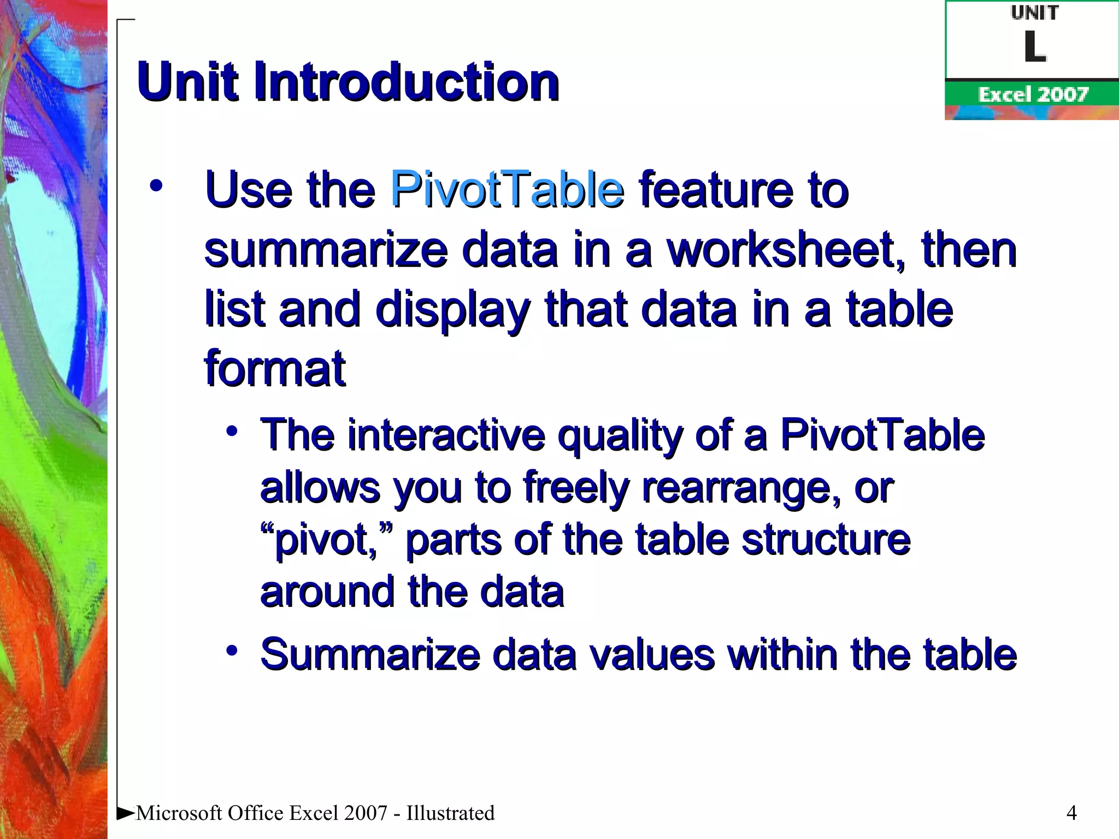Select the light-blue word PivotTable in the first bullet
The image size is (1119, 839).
(x=507, y=190)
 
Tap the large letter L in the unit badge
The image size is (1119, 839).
(x=1034, y=47)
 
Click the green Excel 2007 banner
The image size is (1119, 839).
(x=1032, y=94)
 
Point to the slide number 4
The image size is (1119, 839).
(x=1071, y=813)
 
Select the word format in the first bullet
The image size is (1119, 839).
(x=275, y=369)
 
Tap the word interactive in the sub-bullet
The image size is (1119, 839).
(x=446, y=435)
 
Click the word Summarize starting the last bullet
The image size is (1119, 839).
(x=370, y=654)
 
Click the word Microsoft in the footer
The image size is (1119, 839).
(x=179, y=813)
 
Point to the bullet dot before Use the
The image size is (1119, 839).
(x=156, y=186)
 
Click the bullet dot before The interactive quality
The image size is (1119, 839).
(x=232, y=432)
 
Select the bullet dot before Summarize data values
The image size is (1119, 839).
(x=232, y=651)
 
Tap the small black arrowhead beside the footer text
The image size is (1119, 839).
(x=126, y=813)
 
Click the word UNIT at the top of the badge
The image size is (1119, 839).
(x=1034, y=13)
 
